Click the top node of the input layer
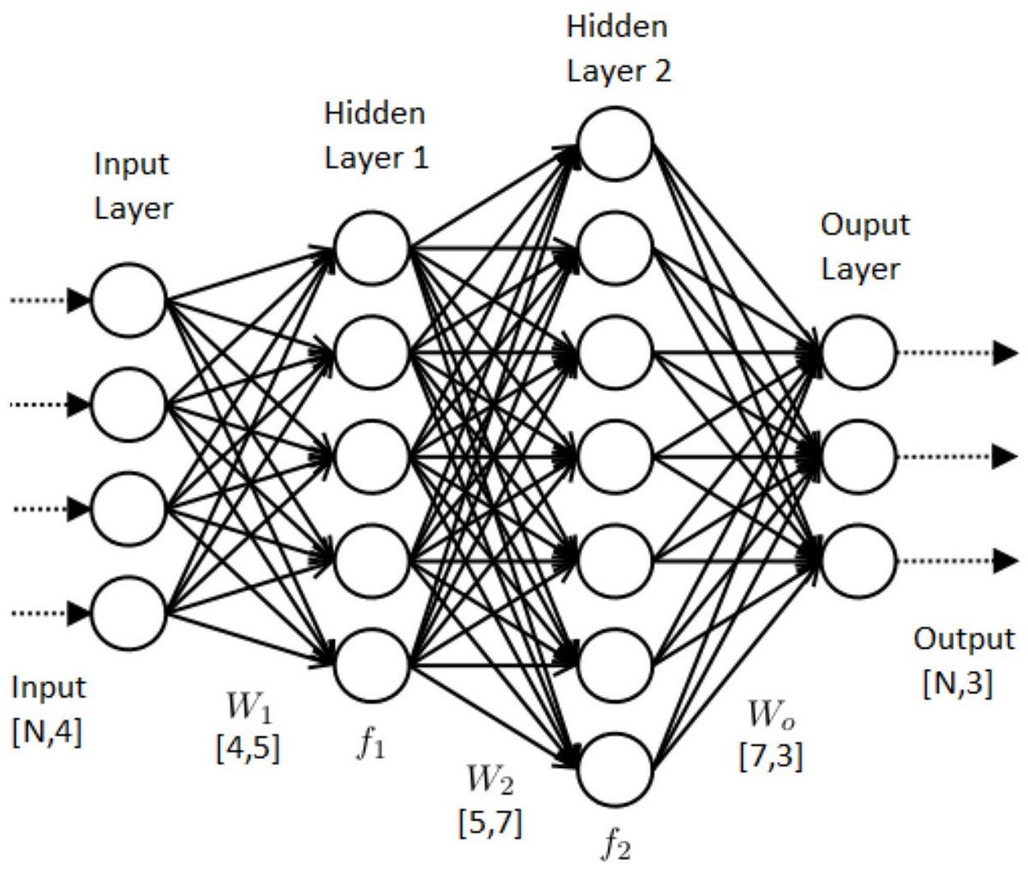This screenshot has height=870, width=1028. tap(128, 300)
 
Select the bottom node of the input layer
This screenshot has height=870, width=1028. tap(128, 612)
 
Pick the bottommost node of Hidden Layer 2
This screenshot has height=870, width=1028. tap(615, 766)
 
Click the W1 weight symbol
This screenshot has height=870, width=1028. tap(248, 708)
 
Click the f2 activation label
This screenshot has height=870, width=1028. tap(615, 846)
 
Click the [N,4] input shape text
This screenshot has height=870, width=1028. tap(47, 734)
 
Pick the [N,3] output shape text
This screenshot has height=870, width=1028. tap(958, 683)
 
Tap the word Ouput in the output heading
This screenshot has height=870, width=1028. tap(864, 225)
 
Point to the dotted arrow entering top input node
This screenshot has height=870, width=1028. tap(47, 300)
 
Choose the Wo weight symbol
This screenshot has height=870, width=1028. tap(771, 713)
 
